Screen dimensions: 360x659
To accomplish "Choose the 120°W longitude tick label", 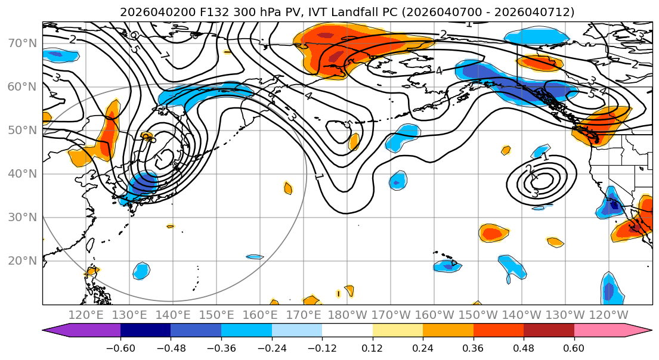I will (x=608, y=314).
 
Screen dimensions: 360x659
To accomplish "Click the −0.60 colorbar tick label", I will (x=120, y=346).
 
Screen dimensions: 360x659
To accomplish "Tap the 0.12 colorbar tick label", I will (x=373, y=346).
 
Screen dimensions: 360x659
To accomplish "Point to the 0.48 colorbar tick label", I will (x=524, y=346).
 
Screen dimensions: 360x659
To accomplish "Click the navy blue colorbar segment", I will (x=146, y=330).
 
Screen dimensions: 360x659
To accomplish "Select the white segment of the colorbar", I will (x=347, y=330).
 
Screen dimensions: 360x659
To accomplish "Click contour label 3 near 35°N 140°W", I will (x=535, y=193).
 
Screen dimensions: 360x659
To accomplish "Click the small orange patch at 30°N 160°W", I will (x=494, y=233).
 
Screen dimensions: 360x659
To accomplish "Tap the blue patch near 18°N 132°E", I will (x=141, y=271).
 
